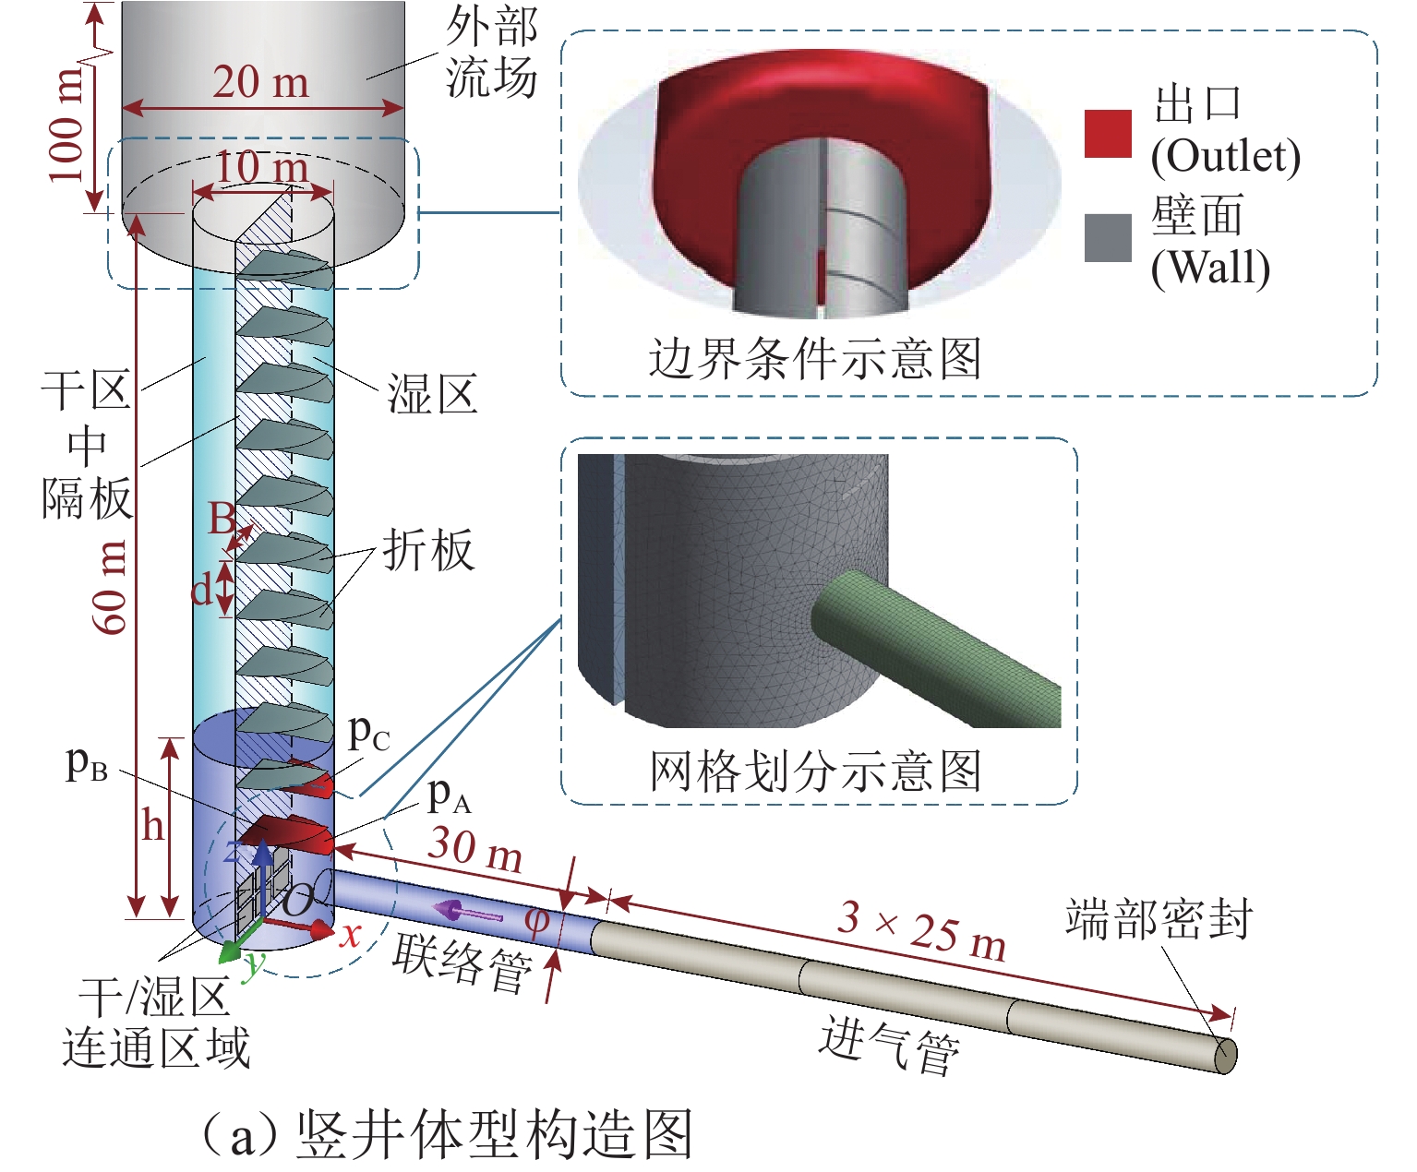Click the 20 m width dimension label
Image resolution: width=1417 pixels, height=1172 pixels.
[x=261, y=83]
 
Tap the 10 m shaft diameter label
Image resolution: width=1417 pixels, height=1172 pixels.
[x=262, y=168]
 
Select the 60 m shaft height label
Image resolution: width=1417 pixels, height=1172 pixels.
[x=112, y=587]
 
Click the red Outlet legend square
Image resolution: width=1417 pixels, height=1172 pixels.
[x=1108, y=134]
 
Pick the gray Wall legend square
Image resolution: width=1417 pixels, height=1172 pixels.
[x=1108, y=238]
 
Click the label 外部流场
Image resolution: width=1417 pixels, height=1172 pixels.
[x=491, y=53]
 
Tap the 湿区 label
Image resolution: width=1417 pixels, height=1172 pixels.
[x=432, y=395]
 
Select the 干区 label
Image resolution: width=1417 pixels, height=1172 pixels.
[x=85, y=391]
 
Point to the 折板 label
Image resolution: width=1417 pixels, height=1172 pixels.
[x=428, y=551]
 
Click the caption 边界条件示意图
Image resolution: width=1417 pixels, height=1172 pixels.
[x=815, y=358]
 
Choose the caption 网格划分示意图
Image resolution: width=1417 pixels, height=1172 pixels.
[x=815, y=771]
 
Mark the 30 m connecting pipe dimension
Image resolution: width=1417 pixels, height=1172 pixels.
[x=475, y=849]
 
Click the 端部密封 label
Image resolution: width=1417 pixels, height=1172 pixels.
[x=1159, y=919]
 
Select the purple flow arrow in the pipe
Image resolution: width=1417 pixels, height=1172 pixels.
[x=467, y=913]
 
